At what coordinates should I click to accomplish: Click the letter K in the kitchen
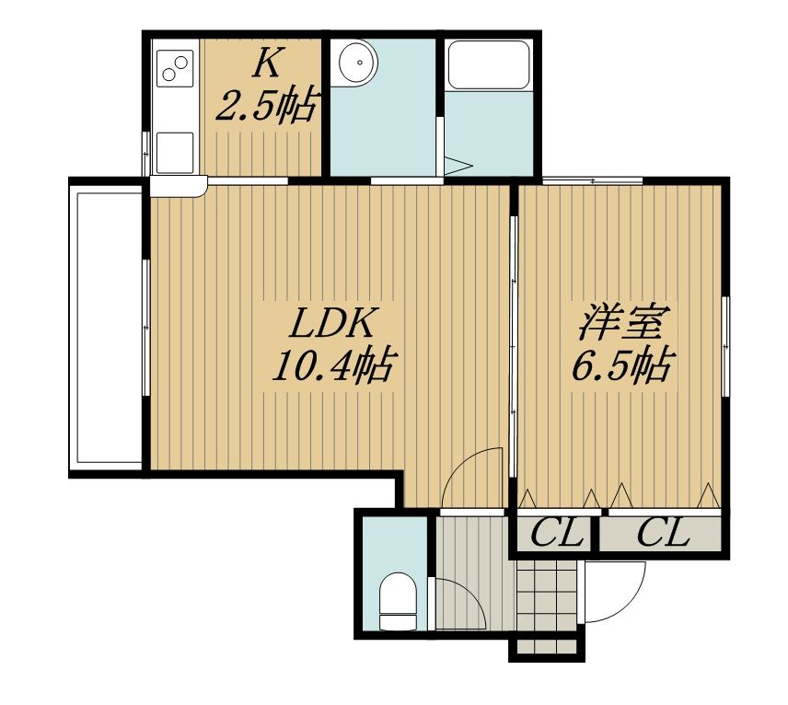pos(267,63)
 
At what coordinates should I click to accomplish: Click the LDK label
pos(331,324)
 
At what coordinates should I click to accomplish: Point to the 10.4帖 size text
pos(331,365)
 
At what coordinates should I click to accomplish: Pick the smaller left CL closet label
pos(557,533)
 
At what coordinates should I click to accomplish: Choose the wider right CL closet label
pos(663,533)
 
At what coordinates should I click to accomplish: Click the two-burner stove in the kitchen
pos(175,68)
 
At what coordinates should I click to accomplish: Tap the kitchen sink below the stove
pos(175,153)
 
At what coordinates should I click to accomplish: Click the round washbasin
pos(358,64)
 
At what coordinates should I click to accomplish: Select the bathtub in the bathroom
pos(488,65)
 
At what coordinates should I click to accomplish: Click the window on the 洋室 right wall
pos(725,347)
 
